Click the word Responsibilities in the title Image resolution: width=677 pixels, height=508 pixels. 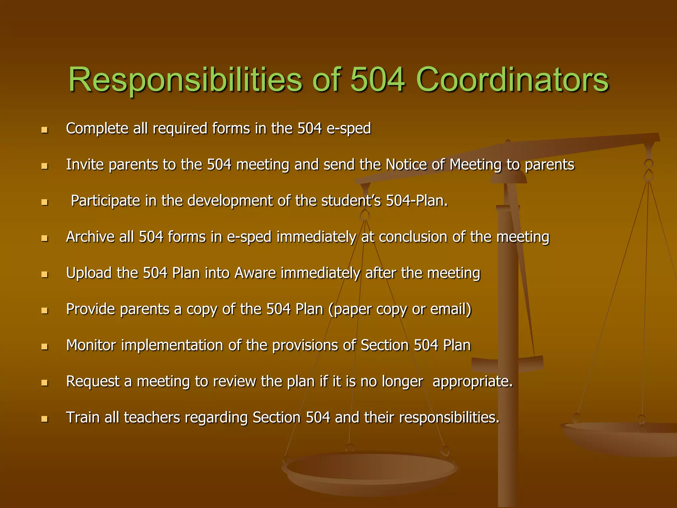[185, 80]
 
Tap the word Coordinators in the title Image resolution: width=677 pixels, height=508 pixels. [512, 80]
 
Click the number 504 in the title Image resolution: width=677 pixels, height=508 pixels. [377, 80]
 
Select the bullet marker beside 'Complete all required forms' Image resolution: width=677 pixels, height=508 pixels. [45, 130]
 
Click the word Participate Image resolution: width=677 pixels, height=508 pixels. [105, 201]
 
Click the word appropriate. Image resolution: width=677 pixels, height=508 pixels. [472, 381]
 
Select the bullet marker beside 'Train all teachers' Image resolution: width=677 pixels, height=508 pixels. [45, 419]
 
